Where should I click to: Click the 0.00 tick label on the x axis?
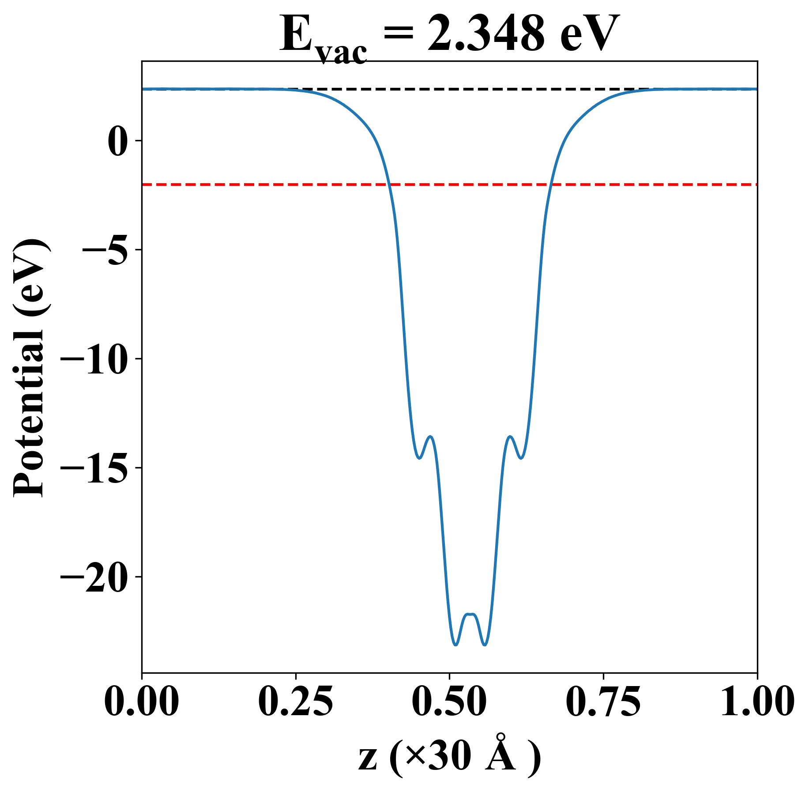(x=142, y=701)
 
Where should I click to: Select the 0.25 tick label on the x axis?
(x=295, y=701)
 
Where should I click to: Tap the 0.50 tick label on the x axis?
(x=449, y=701)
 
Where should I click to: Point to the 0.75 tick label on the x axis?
(x=603, y=701)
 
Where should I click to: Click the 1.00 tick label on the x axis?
(x=756, y=701)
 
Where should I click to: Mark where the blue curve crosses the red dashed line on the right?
(x=550, y=184)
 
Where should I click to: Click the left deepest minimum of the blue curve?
(x=455, y=645)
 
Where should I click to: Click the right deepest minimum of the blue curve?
(x=485, y=645)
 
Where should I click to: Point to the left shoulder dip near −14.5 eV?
(x=419, y=458)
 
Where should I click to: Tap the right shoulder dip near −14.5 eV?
(x=521, y=458)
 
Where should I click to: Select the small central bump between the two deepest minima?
(x=470, y=614)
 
